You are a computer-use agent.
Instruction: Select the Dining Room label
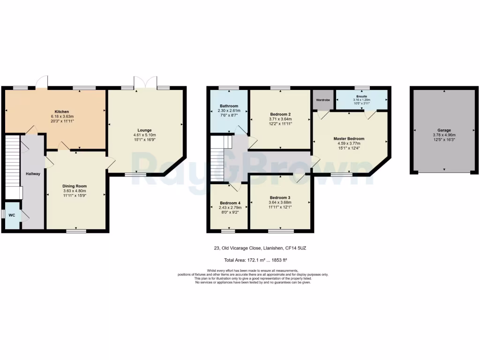pos(75,186)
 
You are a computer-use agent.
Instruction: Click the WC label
pos(12,215)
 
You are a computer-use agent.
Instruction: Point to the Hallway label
pos(33,174)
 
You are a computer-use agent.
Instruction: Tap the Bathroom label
pos(229,106)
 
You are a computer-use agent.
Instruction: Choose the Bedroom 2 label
pos(280,114)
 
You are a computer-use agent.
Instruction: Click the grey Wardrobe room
pos(323,100)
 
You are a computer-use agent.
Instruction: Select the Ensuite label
pos(361,96)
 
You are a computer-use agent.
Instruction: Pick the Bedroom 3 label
pos(280,197)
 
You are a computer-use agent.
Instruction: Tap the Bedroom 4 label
pos(230,203)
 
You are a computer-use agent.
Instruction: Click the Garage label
pos(444,130)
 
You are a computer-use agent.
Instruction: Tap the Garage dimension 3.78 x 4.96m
pos(444,135)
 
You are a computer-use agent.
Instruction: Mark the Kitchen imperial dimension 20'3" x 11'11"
pos(62,120)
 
